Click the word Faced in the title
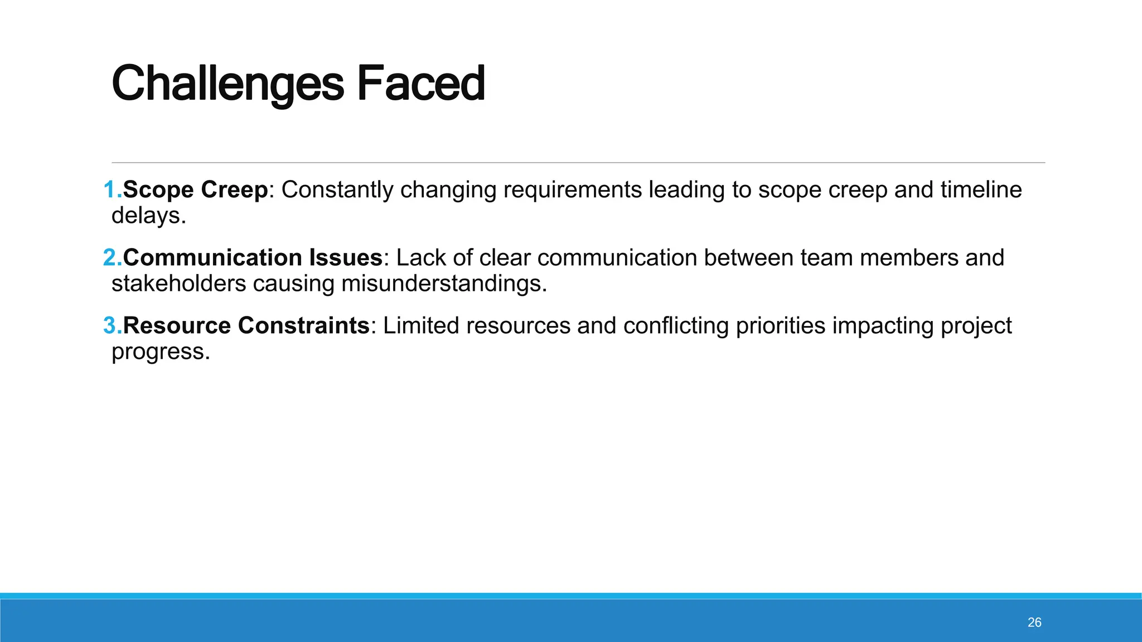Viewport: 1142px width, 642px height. point(420,84)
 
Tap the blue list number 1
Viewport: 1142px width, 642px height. point(112,190)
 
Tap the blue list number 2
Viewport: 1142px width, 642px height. point(112,258)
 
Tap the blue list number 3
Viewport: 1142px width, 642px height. point(112,326)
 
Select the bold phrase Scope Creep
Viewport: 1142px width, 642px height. point(195,190)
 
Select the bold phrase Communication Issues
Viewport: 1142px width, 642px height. point(253,258)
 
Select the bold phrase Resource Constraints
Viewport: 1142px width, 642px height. point(246,326)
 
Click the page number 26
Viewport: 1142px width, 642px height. point(1034,622)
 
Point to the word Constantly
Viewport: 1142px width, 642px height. point(337,190)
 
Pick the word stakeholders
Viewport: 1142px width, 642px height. point(178,284)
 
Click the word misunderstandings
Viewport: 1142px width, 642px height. point(444,284)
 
